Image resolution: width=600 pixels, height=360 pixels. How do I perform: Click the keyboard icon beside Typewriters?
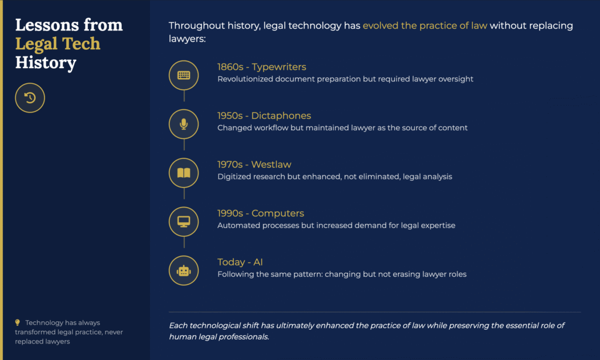click(183, 75)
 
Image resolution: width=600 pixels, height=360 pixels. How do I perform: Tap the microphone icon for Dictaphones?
click(183, 124)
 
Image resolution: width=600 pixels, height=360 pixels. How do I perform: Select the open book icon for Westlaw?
click(183, 173)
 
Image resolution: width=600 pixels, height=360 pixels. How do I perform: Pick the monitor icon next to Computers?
click(183, 222)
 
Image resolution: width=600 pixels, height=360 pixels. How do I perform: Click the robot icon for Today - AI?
click(183, 271)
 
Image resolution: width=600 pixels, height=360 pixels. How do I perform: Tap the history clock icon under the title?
click(30, 98)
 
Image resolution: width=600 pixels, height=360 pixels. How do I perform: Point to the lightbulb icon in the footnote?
click(17, 322)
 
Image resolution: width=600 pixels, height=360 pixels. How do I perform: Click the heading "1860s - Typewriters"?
click(262, 67)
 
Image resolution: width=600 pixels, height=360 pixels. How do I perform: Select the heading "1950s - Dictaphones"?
click(264, 116)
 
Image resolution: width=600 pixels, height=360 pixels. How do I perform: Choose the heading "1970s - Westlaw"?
click(254, 165)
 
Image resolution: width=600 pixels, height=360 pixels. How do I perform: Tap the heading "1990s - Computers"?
click(261, 213)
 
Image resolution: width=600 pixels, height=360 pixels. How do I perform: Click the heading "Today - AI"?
click(240, 262)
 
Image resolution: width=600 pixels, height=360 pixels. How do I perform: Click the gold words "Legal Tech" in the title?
click(58, 43)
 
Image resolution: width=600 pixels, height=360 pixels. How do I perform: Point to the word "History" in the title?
click(46, 62)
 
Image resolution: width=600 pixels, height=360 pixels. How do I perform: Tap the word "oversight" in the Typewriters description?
click(456, 79)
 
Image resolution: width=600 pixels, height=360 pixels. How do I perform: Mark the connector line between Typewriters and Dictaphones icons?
click(184, 96)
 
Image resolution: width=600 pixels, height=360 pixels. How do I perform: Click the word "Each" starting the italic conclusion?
click(178, 325)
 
